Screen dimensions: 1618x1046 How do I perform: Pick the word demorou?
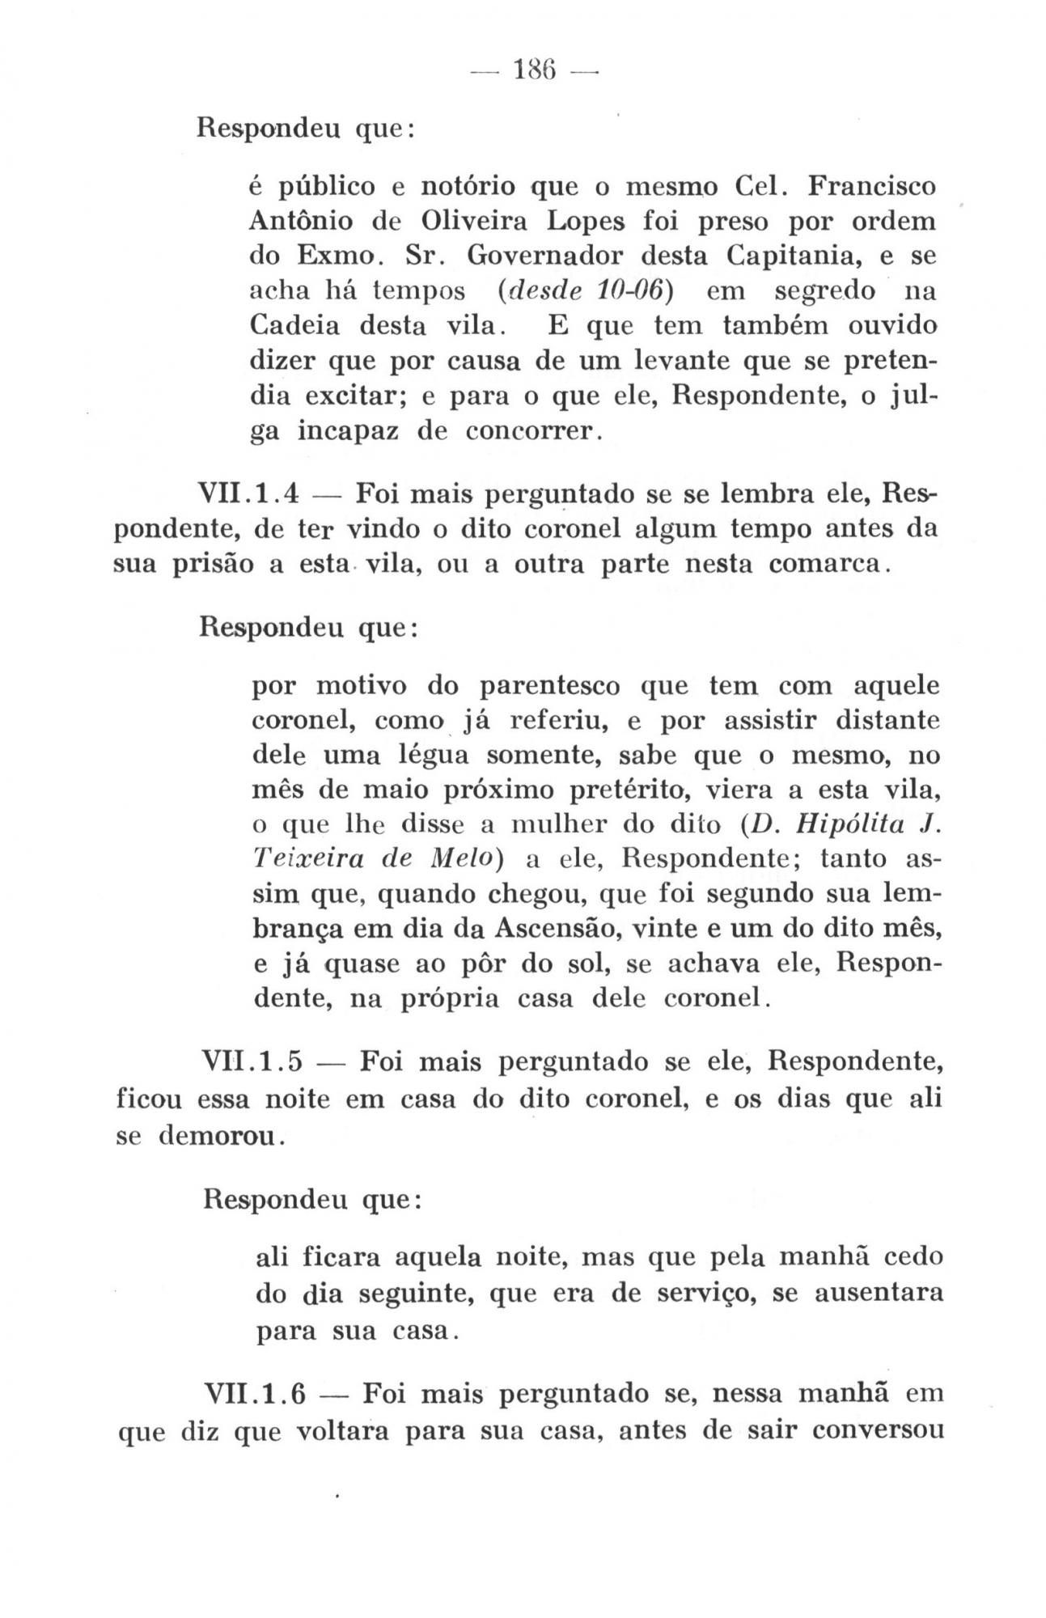218,1136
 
